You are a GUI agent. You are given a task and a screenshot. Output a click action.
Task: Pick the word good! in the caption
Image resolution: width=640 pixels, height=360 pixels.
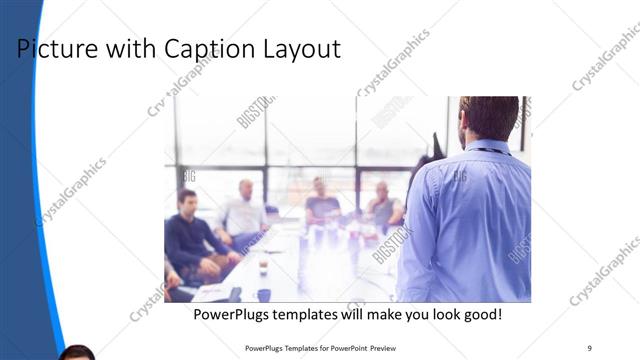(x=479, y=315)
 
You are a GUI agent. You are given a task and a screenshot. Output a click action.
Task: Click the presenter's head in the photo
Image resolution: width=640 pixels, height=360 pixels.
(x=490, y=119)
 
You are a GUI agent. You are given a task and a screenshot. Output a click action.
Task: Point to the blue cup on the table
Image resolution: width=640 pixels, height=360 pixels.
(x=264, y=295)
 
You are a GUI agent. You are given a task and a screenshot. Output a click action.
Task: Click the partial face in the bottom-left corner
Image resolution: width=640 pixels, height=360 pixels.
(x=77, y=353)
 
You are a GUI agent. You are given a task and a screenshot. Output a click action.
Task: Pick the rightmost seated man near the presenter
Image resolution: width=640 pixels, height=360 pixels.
(x=383, y=205)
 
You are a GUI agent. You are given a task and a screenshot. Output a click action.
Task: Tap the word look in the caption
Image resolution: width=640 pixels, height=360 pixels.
(x=433, y=315)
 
